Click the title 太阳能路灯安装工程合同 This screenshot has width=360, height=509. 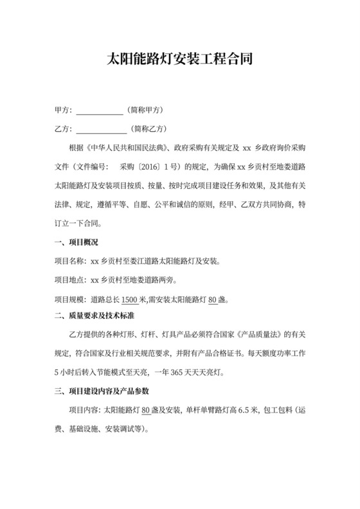point(179,60)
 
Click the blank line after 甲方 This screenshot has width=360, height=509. point(99,110)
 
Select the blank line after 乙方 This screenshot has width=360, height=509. point(101,129)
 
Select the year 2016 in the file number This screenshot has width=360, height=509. point(151,169)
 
